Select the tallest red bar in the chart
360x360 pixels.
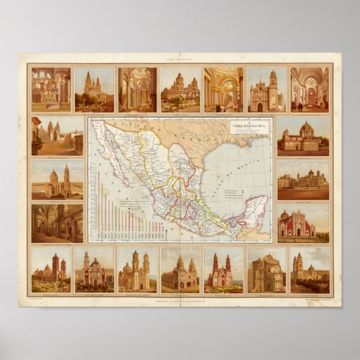pyautogui.click(x=100, y=200)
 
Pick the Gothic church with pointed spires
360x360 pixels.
pyautogui.click(x=94, y=89)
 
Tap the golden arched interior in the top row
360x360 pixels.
pyautogui.click(x=223, y=89)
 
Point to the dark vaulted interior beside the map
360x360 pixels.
pyautogui.click(x=57, y=223)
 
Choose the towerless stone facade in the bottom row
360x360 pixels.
pyautogui.click(x=266, y=270)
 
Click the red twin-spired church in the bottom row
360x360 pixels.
pyautogui.click(x=223, y=270)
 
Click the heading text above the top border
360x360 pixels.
pyautogui.click(x=179, y=58)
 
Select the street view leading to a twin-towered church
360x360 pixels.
pyautogui.click(x=57, y=136)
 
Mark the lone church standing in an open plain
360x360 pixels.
pyautogui.click(x=57, y=179)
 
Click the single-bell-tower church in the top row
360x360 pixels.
pyautogui.click(x=266, y=89)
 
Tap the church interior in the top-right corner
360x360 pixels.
pyautogui.click(x=309, y=89)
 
